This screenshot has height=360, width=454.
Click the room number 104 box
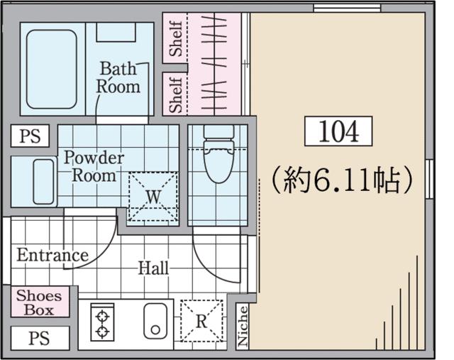(338, 131)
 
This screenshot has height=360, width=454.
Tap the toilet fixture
(219, 153)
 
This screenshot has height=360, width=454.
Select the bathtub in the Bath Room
(52, 70)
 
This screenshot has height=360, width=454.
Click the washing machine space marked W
(153, 197)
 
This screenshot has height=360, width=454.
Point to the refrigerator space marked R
(201, 321)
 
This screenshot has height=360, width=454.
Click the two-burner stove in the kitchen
(102, 322)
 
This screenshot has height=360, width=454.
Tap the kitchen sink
(155, 321)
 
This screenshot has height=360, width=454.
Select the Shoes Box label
(39, 302)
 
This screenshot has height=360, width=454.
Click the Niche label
(243, 326)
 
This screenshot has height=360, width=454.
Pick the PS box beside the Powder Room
(30, 136)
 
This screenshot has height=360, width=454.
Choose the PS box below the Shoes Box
(40, 338)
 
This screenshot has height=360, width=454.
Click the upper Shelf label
(176, 38)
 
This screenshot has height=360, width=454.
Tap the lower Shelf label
(176, 94)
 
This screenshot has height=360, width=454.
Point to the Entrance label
(52, 256)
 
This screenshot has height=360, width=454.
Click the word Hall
(153, 268)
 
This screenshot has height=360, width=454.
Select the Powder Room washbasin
(43, 182)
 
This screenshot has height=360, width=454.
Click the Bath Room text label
(118, 77)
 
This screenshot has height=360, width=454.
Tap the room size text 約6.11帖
(342, 180)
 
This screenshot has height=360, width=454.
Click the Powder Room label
(94, 166)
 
